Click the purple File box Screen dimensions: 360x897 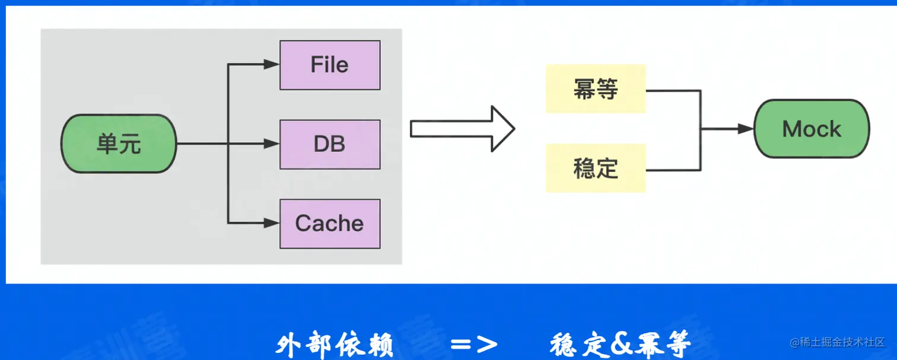point(330,65)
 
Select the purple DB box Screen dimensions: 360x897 point(330,144)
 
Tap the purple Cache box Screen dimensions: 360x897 point(330,223)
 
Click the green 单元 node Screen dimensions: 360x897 point(119,144)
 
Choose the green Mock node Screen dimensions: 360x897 point(811,129)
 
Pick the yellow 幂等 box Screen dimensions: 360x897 point(595,89)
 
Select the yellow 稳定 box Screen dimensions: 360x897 point(595,168)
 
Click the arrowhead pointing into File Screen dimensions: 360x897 point(272,65)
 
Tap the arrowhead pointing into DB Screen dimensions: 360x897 point(272,144)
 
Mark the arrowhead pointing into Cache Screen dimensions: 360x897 point(272,223)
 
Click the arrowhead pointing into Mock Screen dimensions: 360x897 point(746,129)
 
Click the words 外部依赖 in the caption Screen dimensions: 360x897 point(335,345)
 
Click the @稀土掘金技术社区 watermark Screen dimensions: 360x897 point(836,342)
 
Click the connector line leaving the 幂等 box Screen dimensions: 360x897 point(673,91)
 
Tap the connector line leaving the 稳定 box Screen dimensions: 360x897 point(673,170)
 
